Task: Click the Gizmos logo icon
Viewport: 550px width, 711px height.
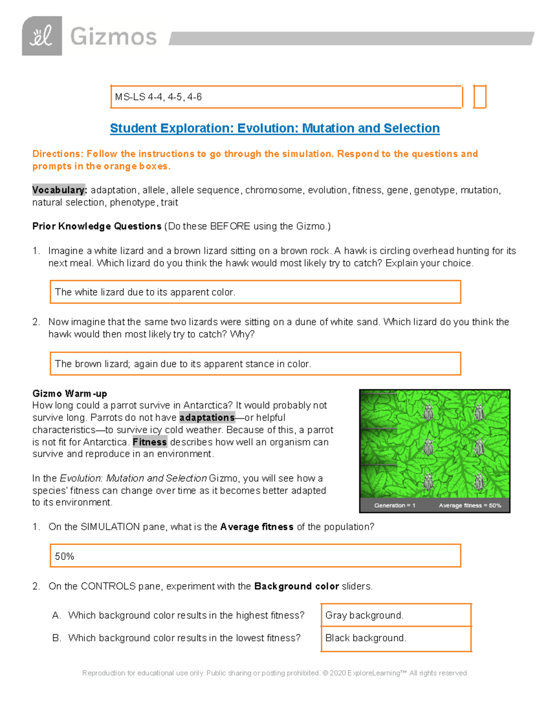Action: [42, 36]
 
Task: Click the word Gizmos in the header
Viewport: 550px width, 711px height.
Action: [113, 37]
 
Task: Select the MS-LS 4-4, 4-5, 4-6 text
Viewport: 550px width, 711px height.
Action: [158, 97]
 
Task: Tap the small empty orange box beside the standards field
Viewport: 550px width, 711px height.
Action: [479, 97]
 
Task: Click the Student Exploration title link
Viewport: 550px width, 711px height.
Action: [275, 128]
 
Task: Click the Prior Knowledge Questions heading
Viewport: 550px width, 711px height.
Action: [97, 226]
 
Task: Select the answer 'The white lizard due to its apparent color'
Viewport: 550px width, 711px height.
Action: [145, 292]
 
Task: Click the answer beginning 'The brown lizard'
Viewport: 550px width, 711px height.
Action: [183, 364]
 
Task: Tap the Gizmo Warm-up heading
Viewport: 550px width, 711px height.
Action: [70, 393]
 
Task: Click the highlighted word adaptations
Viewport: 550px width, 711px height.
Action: [207, 418]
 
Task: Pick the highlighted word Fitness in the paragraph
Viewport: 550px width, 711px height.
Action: [149, 442]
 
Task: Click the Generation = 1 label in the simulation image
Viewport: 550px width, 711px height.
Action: [395, 505]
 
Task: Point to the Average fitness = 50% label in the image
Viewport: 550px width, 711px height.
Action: [470, 505]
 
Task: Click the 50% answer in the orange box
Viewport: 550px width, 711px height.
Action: [65, 556]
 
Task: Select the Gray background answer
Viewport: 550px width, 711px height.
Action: [364, 615]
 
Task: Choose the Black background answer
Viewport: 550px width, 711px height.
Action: [366, 638]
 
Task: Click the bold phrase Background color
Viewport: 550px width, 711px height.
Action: [297, 586]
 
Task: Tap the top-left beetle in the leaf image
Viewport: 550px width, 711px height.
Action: [428, 412]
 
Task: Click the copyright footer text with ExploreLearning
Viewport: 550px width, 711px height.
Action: [275, 673]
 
